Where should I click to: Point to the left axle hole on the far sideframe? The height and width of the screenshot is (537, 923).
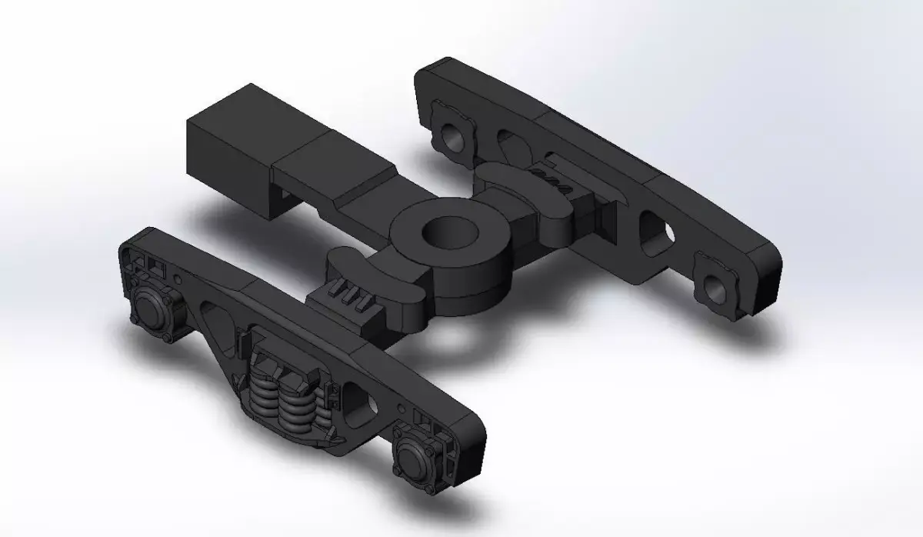pos(452,137)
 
